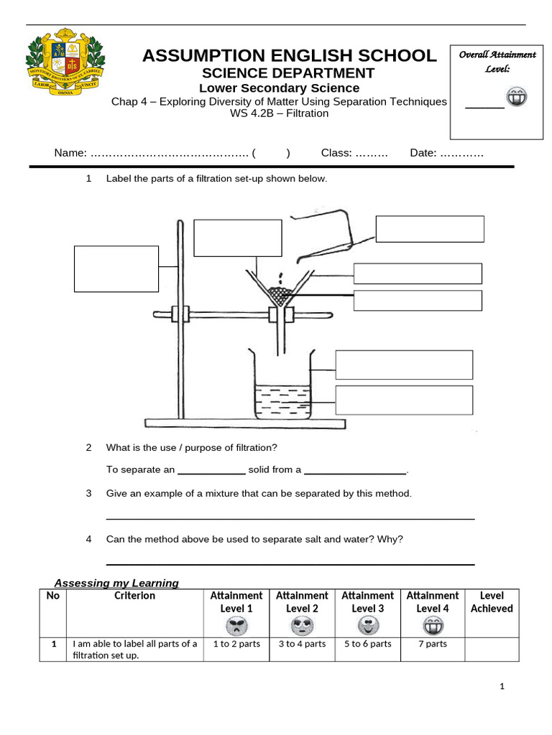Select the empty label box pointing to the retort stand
(x=116, y=269)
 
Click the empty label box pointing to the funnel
(x=238, y=238)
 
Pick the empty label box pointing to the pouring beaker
(x=430, y=229)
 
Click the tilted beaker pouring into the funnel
(x=323, y=230)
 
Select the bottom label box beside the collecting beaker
(x=404, y=401)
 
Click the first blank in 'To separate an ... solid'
(x=211, y=471)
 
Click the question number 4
(x=89, y=539)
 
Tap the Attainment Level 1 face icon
(x=236, y=626)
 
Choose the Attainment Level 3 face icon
(x=367, y=626)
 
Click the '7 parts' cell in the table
(x=432, y=644)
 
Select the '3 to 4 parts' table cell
(x=302, y=644)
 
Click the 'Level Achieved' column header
(x=492, y=602)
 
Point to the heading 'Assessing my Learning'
(x=117, y=583)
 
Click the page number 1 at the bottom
(x=502, y=687)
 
